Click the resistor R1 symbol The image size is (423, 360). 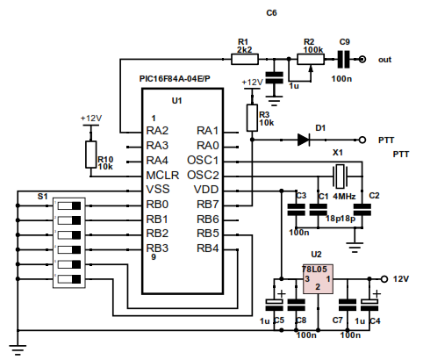[244, 60]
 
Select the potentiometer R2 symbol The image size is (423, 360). [308, 60]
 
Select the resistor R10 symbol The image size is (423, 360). [90, 155]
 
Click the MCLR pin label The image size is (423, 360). [162, 175]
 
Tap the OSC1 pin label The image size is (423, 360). [203, 161]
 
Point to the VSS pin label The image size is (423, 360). [158, 189]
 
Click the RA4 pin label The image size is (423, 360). [157, 160]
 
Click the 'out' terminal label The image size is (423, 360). [384, 60]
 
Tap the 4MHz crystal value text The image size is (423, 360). [344, 196]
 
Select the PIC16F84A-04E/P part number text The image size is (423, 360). [176, 79]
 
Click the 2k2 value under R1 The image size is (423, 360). [244, 51]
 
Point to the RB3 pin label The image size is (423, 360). [157, 248]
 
